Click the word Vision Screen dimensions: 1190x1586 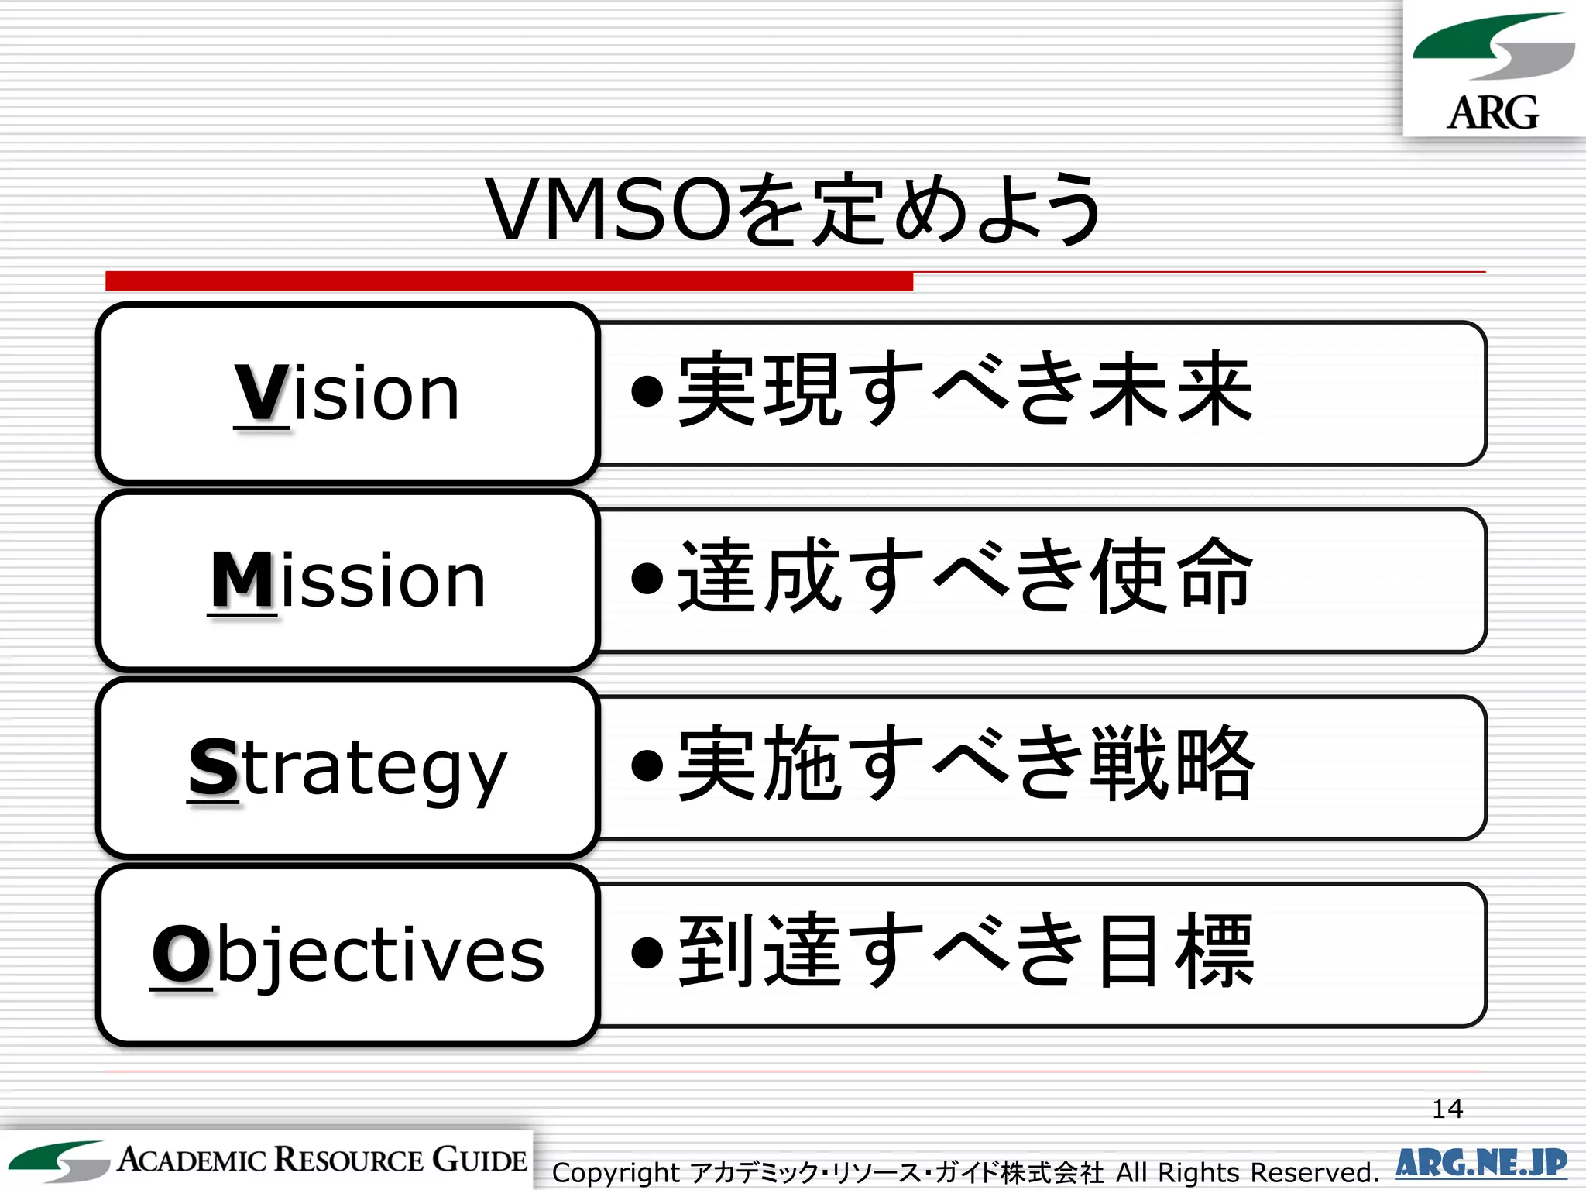[348, 394]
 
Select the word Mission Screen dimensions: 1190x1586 [348, 580]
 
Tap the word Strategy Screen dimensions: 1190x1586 [348, 769]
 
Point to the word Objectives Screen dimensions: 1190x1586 [348, 954]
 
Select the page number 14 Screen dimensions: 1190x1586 [1447, 1109]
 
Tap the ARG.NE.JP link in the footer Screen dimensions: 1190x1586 [1481, 1163]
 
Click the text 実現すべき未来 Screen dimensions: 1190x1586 [964, 389]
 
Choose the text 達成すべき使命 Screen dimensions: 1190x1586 [964, 576]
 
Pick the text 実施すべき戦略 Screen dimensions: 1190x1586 [964, 764]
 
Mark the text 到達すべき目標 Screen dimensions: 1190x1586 [964, 951]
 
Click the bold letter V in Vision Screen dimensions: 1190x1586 [262, 393]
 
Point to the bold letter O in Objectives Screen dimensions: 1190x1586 [181, 954]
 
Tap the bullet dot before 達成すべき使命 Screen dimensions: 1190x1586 [647, 578]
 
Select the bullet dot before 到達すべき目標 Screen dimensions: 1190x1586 [647, 953]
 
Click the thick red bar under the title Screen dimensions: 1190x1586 [509, 280]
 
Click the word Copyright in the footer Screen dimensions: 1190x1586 [616, 1172]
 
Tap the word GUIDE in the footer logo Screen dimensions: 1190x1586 [480, 1160]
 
